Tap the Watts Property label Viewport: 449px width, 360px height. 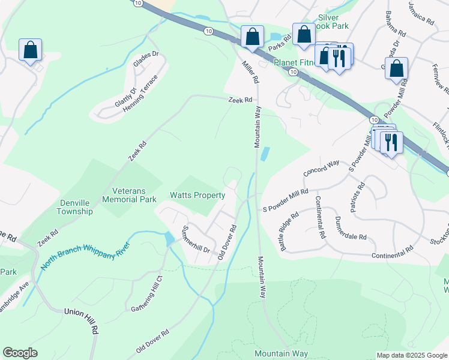tap(197, 196)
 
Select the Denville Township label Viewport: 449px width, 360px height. tap(75, 207)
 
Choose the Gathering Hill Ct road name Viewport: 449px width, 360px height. tap(147, 294)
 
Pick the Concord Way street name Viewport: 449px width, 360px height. tap(322, 167)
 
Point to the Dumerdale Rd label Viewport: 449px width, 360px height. tap(351, 229)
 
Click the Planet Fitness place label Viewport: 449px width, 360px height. tap(294, 62)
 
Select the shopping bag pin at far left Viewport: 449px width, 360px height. tap(30, 50)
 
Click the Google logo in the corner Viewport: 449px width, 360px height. tap(20, 353)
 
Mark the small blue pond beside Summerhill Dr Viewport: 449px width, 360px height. tap(169, 239)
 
